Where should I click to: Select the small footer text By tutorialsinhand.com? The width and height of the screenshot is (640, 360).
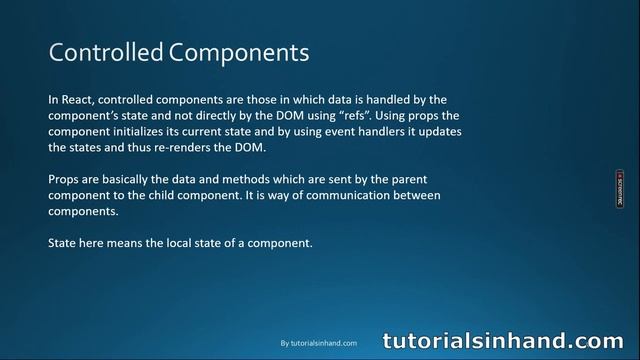(318, 343)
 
